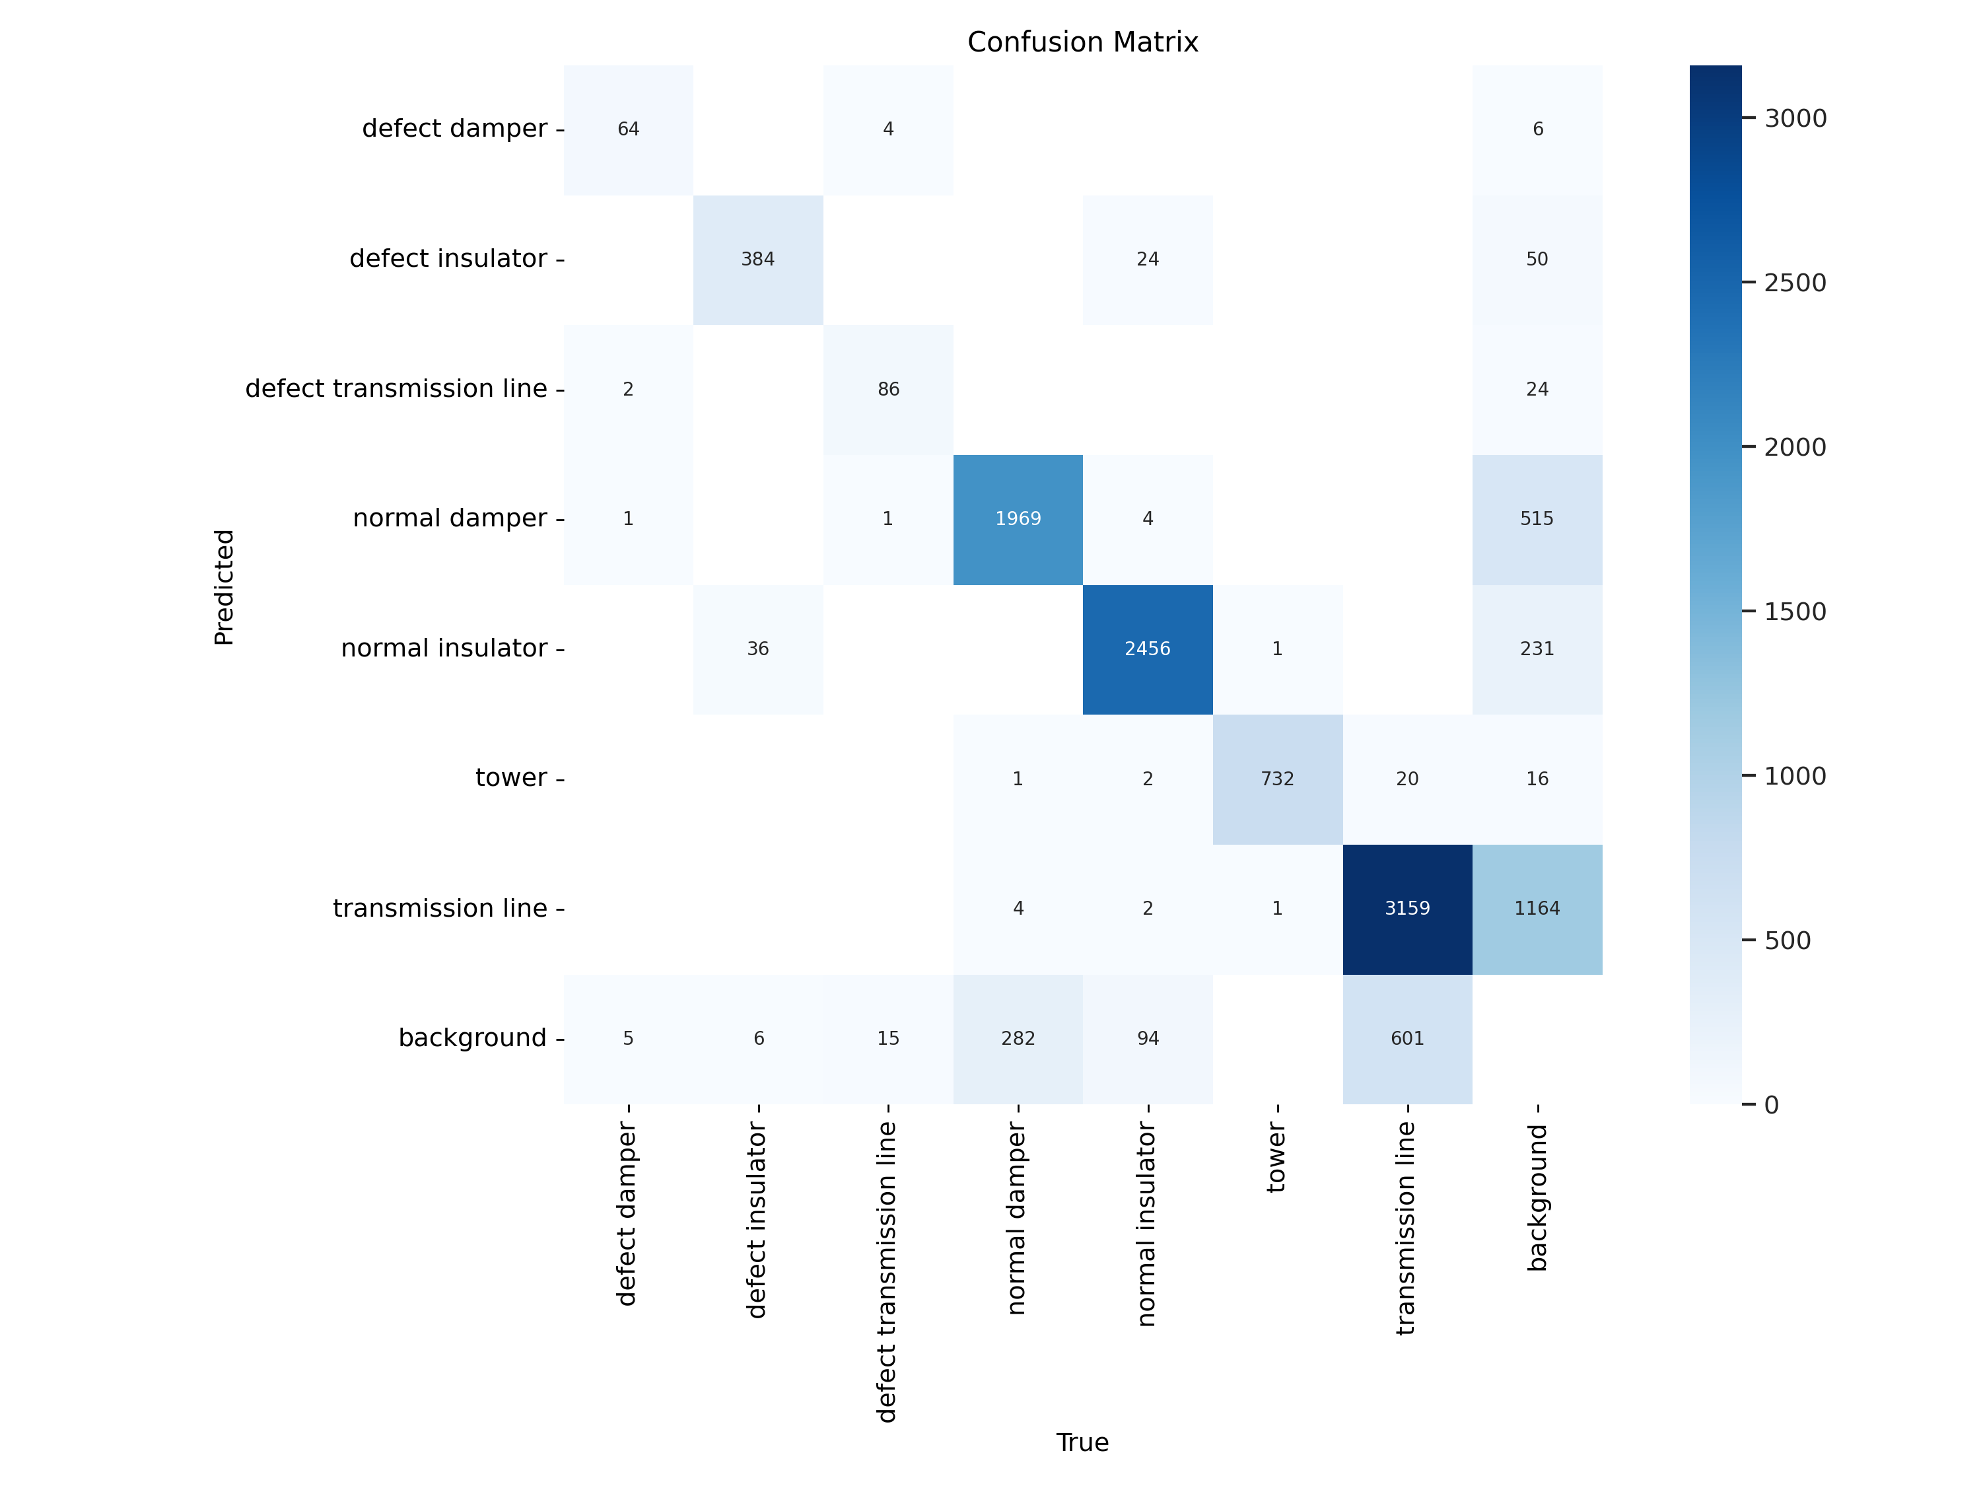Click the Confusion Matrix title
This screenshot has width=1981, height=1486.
pyautogui.click(x=1082, y=42)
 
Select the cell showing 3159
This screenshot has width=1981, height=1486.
pyautogui.click(x=1407, y=908)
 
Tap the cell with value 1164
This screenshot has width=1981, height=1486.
pyautogui.click(x=1537, y=908)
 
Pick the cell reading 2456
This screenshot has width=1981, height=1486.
pyautogui.click(x=1147, y=649)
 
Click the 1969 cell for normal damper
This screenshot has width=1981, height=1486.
pyautogui.click(x=1018, y=518)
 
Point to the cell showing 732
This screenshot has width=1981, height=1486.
pyautogui.click(x=1277, y=779)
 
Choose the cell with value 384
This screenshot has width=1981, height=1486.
pyautogui.click(x=757, y=259)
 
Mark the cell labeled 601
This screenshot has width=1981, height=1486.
pyautogui.click(x=1407, y=1038)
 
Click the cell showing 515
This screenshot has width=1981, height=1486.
pyautogui.click(x=1537, y=518)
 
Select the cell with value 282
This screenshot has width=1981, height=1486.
pyautogui.click(x=1018, y=1038)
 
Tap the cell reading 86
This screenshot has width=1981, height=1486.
pyautogui.click(x=887, y=389)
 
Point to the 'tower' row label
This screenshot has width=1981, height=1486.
pyautogui.click(x=510, y=777)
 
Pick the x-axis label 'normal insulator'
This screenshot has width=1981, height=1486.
pyautogui.click(x=1146, y=1224)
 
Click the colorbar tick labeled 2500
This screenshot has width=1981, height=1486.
pyautogui.click(x=1795, y=283)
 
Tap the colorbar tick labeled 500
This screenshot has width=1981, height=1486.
pyautogui.click(x=1787, y=940)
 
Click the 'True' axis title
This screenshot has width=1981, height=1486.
pyautogui.click(x=1082, y=1442)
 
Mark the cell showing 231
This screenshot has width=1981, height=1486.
pyautogui.click(x=1537, y=649)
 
